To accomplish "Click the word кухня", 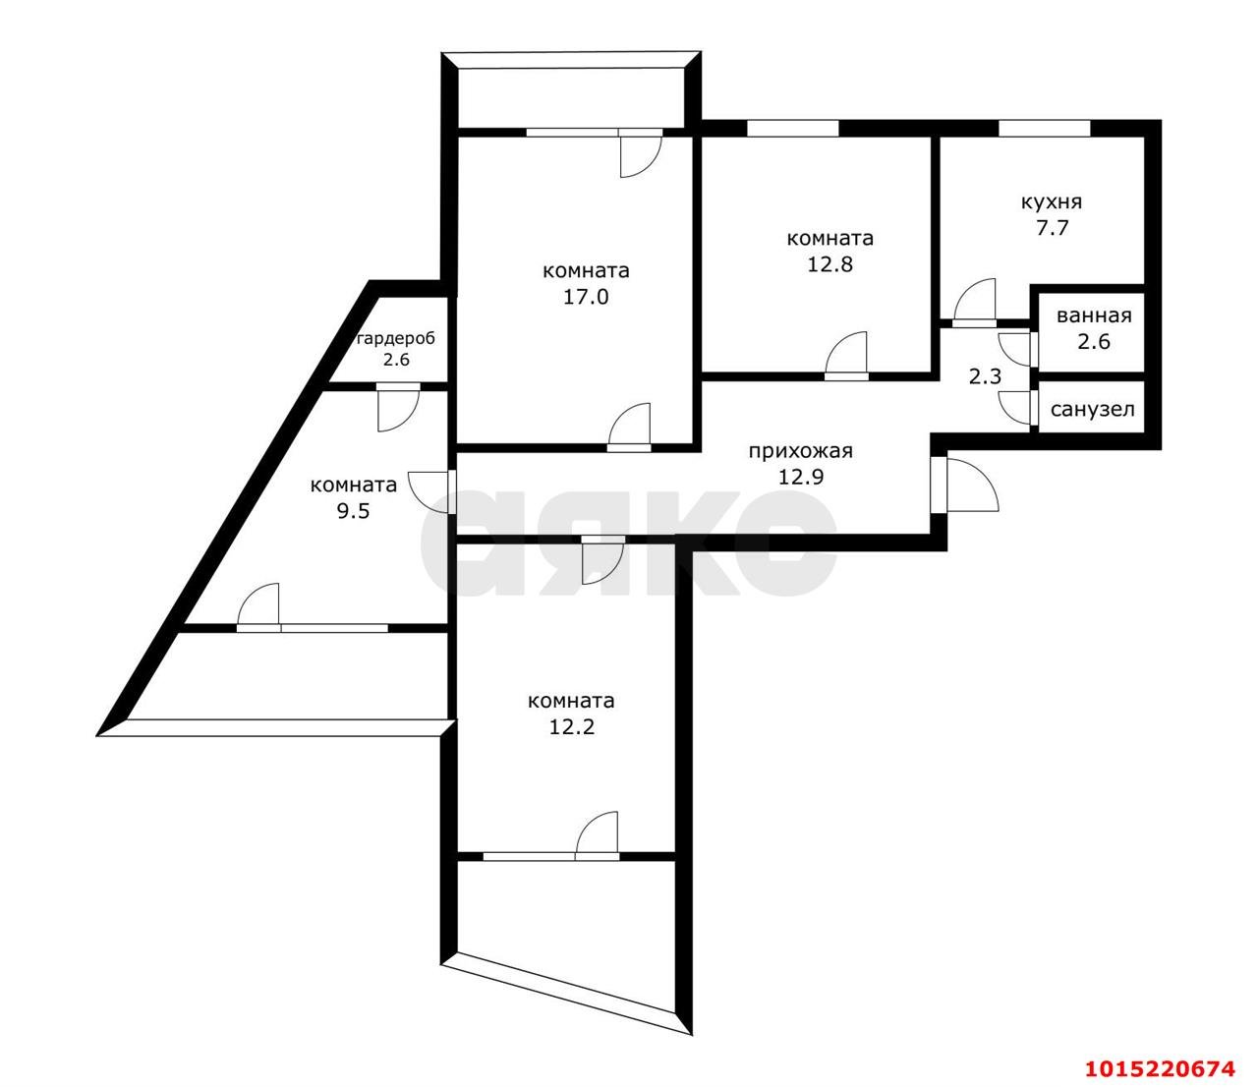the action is click(x=1051, y=202).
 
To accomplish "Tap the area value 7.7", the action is click(x=1053, y=228).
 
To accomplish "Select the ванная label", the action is click(x=1094, y=315).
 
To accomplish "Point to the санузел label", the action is click(x=1093, y=410).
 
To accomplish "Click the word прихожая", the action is click(x=800, y=451).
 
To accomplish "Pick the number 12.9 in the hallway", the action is click(x=801, y=477).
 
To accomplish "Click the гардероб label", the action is click(x=396, y=338).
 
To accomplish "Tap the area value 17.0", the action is click(x=586, y=297).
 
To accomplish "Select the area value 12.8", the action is click(x=829, y=264).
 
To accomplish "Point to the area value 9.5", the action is click(x=353, y=511).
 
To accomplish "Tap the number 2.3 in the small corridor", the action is click(x=985, y=376).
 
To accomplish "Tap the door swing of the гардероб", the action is click(x=398, y=410).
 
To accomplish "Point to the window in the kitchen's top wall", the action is click(x=1045, y=129).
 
